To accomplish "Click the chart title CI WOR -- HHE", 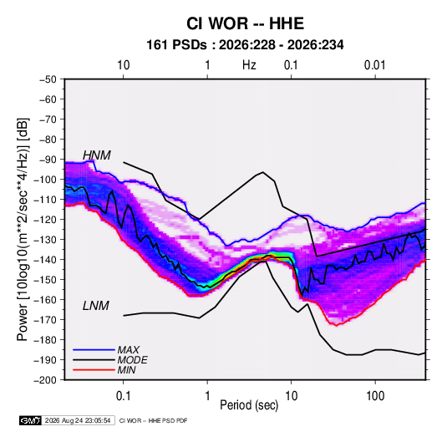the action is [245, 23].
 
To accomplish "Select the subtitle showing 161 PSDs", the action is [245, 45].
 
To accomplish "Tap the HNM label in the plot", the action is [97, 155].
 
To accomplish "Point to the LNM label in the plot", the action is [96, 306].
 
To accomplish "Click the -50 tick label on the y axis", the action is [48, 79].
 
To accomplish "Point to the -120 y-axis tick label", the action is [45, 220].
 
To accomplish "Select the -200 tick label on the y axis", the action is [45, 380].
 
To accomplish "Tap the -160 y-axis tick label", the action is [45, 300].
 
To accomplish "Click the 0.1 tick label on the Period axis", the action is [123, 396].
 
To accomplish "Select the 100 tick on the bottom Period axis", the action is [375, 396].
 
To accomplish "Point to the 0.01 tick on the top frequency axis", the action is [374, 65].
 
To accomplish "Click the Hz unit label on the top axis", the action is [249, 65].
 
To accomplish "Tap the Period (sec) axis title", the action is [249, 405].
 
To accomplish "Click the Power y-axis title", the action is [23, 229].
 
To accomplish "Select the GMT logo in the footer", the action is [30, 420].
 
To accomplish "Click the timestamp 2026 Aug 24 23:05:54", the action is [78, 420].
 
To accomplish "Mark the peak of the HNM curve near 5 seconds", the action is [263, 172].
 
